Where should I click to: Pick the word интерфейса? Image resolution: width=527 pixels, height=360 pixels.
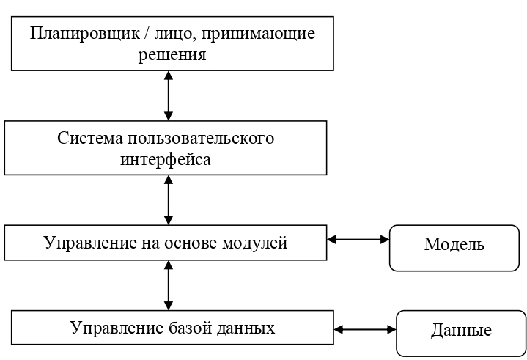coord(166,158)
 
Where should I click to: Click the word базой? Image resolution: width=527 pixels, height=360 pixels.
coord(188,327)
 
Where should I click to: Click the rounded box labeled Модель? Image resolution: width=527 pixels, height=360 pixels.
coord(454,244)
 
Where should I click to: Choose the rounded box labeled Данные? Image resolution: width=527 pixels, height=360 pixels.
coord(460,331)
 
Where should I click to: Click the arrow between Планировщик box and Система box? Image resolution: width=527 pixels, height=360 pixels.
coord(169,95)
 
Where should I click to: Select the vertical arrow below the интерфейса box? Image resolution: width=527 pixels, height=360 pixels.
coord(169,199)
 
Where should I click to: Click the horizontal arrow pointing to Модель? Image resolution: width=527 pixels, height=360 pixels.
coord(357,239)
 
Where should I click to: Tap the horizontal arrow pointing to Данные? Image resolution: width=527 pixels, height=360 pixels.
coord(364,330)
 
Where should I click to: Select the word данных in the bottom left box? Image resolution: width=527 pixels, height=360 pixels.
coord(246,327)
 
